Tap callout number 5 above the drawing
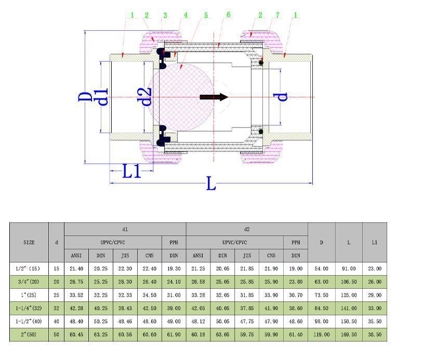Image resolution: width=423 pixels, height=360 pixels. click(x=205, y=16)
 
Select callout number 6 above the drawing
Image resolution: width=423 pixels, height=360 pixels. click(x=228, y=15)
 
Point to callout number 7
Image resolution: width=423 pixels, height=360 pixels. click(x=277, y=15)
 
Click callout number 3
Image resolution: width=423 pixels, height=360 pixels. click(x=165, y=15)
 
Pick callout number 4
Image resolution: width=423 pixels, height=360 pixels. click(x=186, y=16)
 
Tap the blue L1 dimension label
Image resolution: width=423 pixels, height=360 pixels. click(x=131, y=171)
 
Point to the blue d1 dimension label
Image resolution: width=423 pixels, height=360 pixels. click(x=103, y=97)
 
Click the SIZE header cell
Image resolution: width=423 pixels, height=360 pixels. click(x=29, y=242)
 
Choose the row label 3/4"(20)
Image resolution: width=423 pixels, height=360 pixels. click(x=29, y=281)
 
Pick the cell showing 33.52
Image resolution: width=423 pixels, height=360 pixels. click(x=76, y=295)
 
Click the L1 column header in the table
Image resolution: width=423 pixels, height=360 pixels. click(x=375, y=242)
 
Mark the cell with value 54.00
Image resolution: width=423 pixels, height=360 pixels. click(x=322, y=268)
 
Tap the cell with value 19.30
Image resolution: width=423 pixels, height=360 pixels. click(x=174, y=268)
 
